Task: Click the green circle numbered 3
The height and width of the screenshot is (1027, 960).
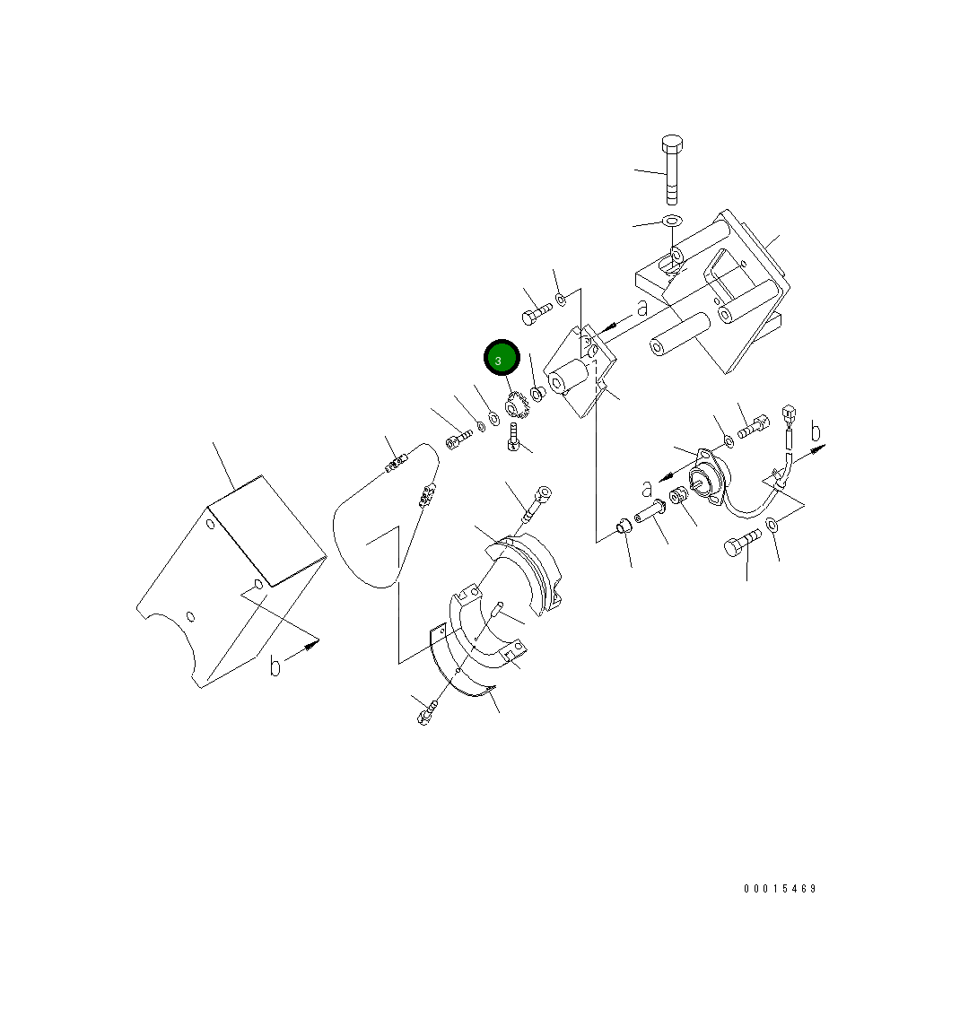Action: coord(502,359)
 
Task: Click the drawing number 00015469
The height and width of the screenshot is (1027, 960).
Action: coord(780,889)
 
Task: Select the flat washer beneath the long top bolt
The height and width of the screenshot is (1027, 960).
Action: coord(672,221)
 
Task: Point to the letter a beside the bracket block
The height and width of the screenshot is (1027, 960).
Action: coord(641,308)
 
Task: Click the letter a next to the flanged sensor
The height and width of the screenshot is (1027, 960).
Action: coord(647,488)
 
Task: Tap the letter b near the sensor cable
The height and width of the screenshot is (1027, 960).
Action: coord(816,432)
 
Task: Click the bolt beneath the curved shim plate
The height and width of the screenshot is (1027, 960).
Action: coord(426,714)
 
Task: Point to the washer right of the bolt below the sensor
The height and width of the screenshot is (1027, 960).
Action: coord(772,535)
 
